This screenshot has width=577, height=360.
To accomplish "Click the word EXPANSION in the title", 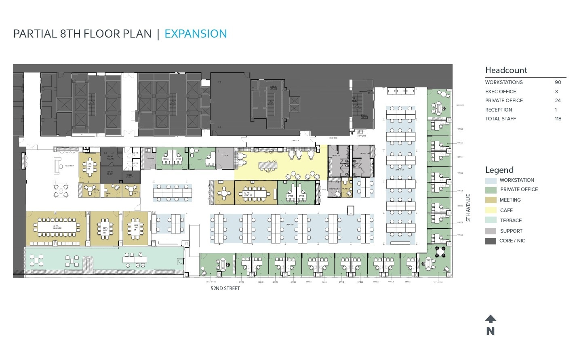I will [x=196, y=34].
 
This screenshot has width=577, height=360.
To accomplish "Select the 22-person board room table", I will [x=57, y=227].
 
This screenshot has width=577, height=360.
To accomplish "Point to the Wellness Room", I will [x=334, y=188].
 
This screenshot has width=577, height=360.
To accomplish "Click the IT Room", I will [x=225, y=158].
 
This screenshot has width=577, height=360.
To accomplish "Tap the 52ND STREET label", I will [x=225, y=288].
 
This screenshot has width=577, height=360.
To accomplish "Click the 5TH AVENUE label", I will [x=468, y=208].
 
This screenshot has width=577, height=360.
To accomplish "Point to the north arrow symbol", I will [x=490, y=319].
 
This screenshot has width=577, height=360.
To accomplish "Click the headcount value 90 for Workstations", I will [x=558, y=82].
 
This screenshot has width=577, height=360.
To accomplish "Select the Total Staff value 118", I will [x=558, y=119].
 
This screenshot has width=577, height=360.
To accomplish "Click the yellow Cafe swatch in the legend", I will [x=491, y=210].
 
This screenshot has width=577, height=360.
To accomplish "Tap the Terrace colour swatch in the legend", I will [x=491, y=220].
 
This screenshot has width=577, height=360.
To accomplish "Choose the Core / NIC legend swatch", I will [x=491, y=241].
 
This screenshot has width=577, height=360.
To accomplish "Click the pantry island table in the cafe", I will [x=267, y=165].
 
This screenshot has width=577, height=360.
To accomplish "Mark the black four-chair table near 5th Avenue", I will [x=440, y=252].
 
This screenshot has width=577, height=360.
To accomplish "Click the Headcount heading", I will [x=506, y=70].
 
